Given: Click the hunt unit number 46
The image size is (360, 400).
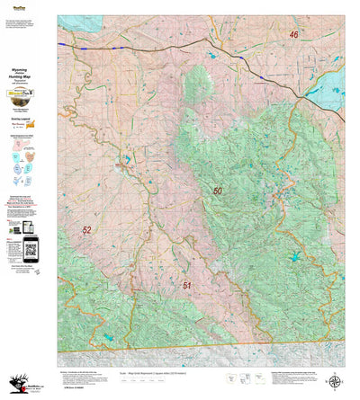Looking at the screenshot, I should (293, 35).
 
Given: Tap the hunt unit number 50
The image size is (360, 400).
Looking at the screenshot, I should (218, 191).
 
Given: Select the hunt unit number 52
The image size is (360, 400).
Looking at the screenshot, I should (86, 230).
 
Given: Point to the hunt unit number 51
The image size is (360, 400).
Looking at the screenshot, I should (187, 285).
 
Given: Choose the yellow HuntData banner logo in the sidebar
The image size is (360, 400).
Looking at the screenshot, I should (27, 96).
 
